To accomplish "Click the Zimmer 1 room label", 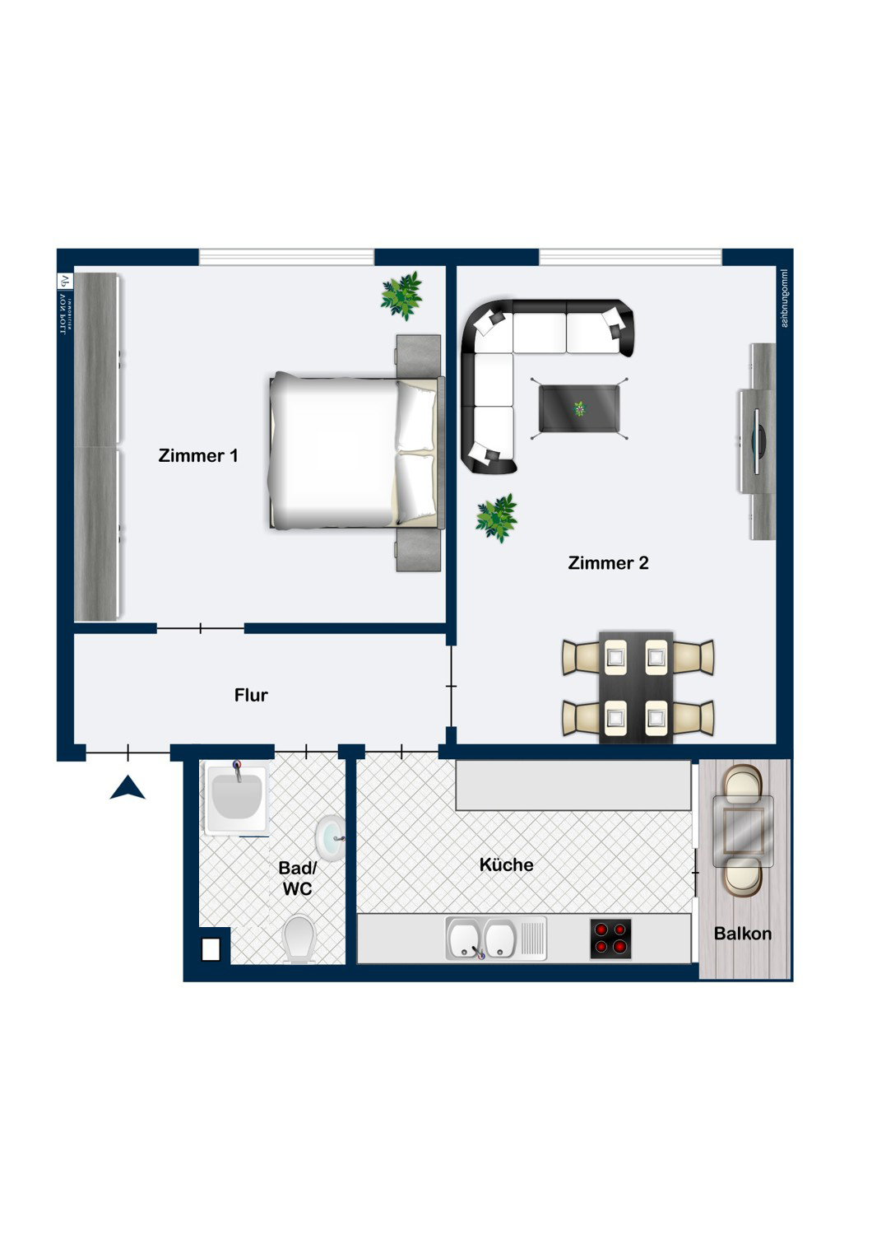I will tap(198, 455).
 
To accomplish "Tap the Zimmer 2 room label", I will tap(608, 563).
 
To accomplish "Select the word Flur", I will tap(251, 695).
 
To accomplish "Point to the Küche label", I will tap(506, 864).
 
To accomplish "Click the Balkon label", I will tap(742, 934).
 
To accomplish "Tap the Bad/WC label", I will tap(297, 878).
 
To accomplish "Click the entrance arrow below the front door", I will tap(128, 788).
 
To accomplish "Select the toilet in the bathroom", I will tap(299, 939).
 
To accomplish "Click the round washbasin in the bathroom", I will tap(331, 837).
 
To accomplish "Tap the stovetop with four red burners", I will tap(610, 939).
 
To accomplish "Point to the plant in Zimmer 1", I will tap(401, 295).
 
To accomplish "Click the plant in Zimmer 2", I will tap(496, 517).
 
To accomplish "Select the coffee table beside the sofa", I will tap(579, 408).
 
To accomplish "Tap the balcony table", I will tap(743, 831).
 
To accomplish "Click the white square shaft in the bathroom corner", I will tap(211, 949).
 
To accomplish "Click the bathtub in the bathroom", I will tap(236, 799).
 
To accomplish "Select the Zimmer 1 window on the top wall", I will tap(286, 257).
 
